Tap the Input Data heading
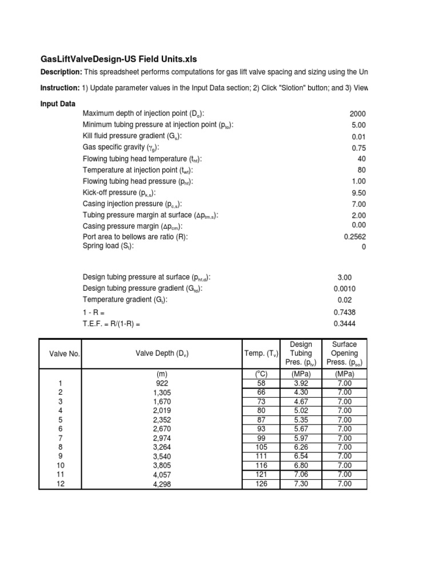(58, 103)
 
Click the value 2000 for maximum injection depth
(357, 114)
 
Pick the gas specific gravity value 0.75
(358, 147)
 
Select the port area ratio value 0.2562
(355, 237)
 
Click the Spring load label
(108, 246)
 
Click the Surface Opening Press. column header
(344, 354)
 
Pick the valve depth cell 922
(162, 383)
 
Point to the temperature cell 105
(261, 447)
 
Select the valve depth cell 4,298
(162, 484)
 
